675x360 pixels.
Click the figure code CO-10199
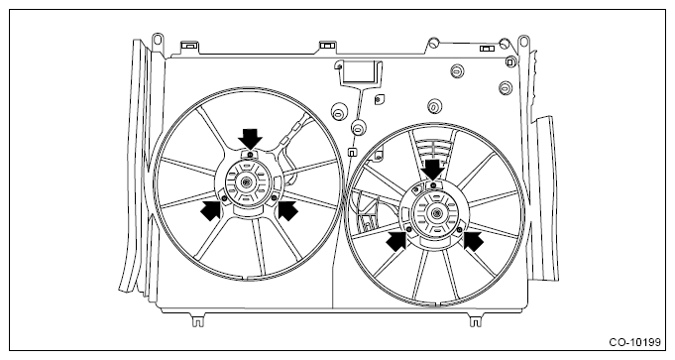pyautogui.click(x=634, y=342)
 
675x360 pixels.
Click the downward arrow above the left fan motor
pyautogui.click(x=250, y=139)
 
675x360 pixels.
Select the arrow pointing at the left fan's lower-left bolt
pyautogui.click(x=211, y=210)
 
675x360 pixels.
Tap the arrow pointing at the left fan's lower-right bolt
pyautogui.click(x=287, y=210)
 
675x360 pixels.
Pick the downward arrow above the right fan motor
pyautogui.click(x=432, y=170)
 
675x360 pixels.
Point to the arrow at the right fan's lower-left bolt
pyautogui.click(x=396, y=240)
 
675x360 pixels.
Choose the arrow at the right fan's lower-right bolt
pyautogui.click(x=473, y=240)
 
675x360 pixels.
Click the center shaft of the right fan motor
pyautogui.click(x=436, y=212)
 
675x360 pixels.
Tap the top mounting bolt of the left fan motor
pyautogui.click(x=250, y=154)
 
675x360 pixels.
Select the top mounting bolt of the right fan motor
pyautogui.click(x=433, y=185)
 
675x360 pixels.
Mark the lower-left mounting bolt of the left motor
pyautogui.click(x=224, y=197)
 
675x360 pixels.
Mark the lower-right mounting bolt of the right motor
pyautogui.click(x=460, y=228)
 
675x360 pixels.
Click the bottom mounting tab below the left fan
pyautogui.click(x=197, y=320)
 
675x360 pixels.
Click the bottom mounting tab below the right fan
pyautogui.click(x=475, y=320)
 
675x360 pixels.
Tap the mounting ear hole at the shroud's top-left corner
pyautogui.click(x=158, y=40)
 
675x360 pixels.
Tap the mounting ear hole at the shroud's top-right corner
pyautogui.click(x=523, y=42)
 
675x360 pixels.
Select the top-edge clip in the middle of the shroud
pyautogui.click(x=326, y=46)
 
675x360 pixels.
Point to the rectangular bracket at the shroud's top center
pyautogui.click(x=358, y=72)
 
